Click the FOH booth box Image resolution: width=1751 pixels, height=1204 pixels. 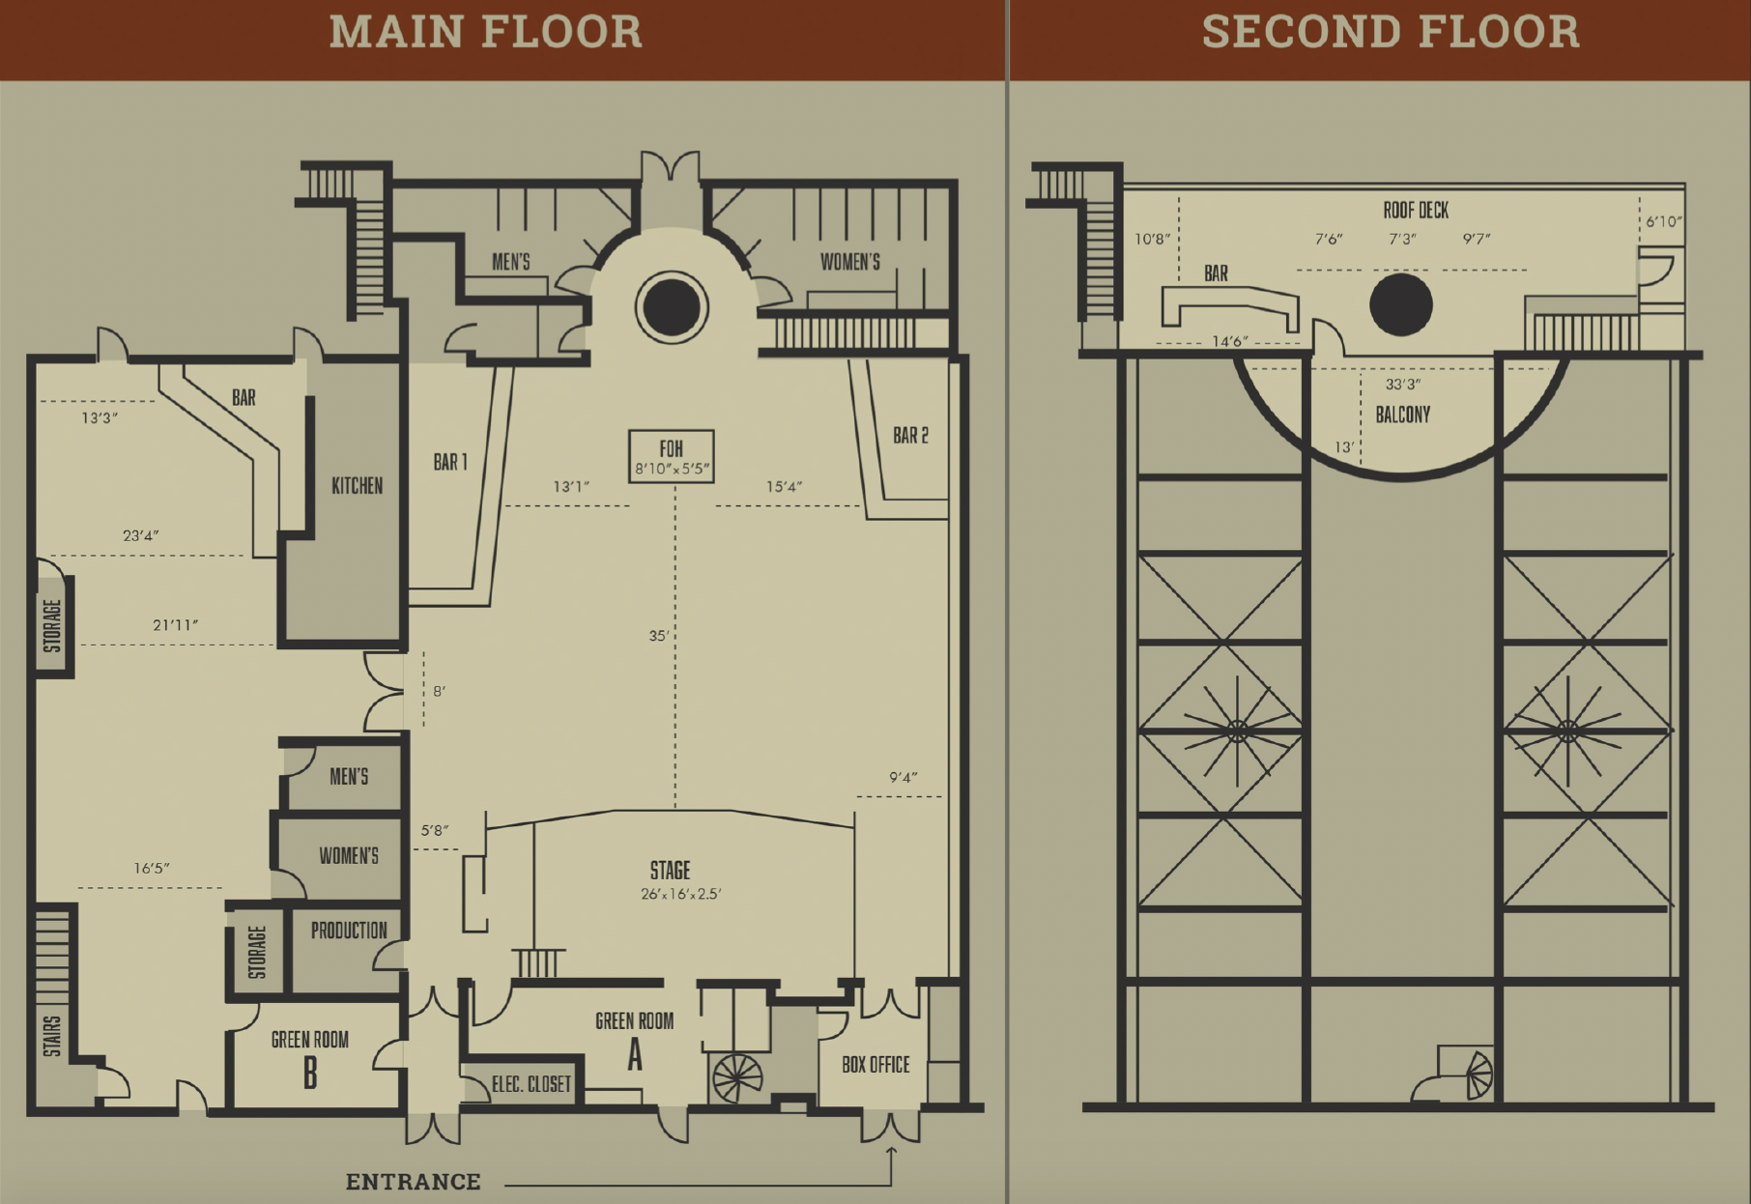click(x=672, y=456)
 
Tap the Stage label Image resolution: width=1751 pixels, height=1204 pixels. click(x=671, y=871)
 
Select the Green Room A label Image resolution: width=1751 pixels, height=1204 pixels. click(x=634, y=1039)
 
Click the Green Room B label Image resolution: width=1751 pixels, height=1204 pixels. click(x=309, y=1058)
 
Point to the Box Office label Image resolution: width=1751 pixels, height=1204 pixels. click(x=875, y=1065)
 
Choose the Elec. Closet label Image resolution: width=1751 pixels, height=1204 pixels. click(x=531, y=1084)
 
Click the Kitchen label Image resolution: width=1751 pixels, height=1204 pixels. click(x=358, y=485)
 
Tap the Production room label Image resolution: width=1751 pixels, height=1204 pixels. click(x=349, y=931)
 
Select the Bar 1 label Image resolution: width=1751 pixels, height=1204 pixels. click(x=450, y=462)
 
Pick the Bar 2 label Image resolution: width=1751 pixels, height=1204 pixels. click(x=910, y=436)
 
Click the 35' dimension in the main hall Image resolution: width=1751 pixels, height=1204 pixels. click(x=659, y=636)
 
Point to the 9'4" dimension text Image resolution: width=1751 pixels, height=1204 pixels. click(x=903, y=777)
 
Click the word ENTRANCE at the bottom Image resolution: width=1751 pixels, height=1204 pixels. click(x=414, y=1182)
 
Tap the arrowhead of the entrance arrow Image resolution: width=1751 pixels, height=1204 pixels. click(x=891, y=1150)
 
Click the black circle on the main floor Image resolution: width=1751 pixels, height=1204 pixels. click(x=672, y=306)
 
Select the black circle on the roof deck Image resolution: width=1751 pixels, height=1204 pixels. click(x=1401, y=304)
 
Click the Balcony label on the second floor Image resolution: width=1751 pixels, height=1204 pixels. click(x=1403, y=415)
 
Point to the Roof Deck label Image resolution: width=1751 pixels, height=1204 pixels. click(x=1416, y=210)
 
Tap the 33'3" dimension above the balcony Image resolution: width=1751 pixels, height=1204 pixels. click(x=1403, y=384)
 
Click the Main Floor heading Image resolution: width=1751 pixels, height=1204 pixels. click(x=486, y=31)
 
